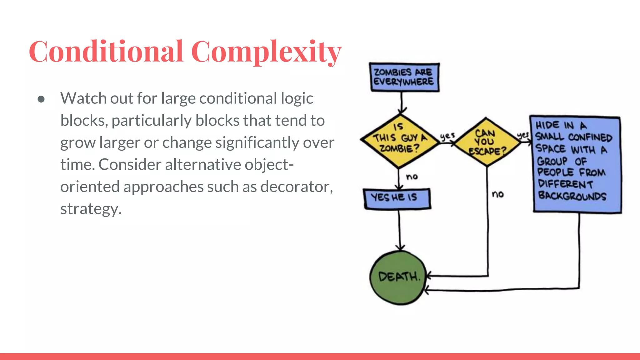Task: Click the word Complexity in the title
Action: [266, 52]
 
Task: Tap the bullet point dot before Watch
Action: [41, 99]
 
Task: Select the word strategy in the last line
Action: [91, 209]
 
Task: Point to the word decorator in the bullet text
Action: [297, 187]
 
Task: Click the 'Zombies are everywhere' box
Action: [404, 77]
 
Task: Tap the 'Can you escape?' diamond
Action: [487, 142]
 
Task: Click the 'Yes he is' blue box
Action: [397, 198]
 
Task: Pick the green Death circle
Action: [398, 277]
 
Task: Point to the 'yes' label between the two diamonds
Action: [447, 136]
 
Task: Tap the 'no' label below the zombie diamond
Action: [412, 177]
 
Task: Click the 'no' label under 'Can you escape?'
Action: [498, 194]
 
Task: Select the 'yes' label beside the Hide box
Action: [523, 135]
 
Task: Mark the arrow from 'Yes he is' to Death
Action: [399, 230]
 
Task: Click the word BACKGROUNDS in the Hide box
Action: [572, 196]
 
